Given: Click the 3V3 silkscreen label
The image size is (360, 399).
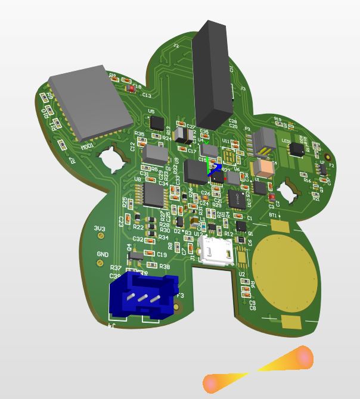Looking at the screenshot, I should (x=100, y=229).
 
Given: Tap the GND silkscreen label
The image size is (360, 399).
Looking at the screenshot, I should (x=103, y=254).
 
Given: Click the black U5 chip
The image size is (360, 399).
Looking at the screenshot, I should (x=157, y=123).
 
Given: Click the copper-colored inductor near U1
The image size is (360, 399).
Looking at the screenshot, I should (x=262, y=169).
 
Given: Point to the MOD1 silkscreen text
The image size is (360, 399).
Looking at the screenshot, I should (x=88, y=145).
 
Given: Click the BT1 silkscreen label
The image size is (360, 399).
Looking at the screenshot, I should (x=274, y=214).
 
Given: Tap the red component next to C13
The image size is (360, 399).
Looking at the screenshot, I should (x=131, y=89).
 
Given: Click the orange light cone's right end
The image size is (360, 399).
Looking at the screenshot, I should (x=304, y=357).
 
